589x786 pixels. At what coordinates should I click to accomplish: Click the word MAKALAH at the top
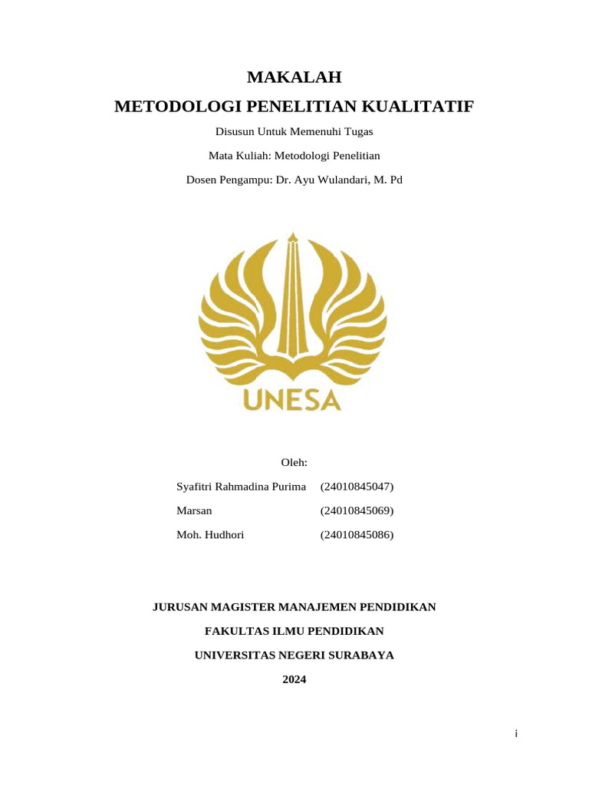(294, 78)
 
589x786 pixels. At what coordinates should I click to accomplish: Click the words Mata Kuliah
(235, 156)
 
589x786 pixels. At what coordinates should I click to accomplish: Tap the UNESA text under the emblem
(292, 399)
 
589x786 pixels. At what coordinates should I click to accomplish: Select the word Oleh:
(294, 462)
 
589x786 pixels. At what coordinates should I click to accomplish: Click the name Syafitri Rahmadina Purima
(241, 487)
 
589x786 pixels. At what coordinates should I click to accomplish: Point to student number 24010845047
(357, 487)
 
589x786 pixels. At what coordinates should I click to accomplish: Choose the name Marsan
(194, 510)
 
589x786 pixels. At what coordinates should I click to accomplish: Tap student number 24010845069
(357, 510)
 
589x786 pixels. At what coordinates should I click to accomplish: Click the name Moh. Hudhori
(210, 534)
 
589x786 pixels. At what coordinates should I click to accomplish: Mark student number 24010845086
(357, 534)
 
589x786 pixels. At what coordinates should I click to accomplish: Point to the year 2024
(294, 679)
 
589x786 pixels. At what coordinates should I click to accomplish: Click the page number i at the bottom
(516, 735)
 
